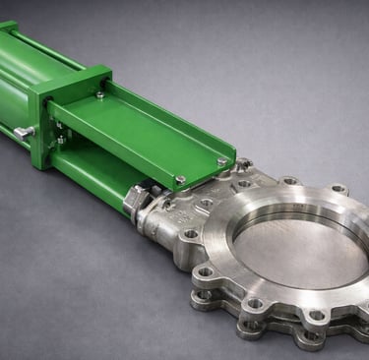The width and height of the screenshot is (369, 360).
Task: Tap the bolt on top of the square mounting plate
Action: [x=99, y=95]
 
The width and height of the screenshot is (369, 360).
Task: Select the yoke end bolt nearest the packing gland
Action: [x=180, y=179]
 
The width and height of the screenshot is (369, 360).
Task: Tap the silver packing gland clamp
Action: [x=139, y=202]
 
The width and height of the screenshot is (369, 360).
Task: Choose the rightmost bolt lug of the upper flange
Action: [x=338, y=189]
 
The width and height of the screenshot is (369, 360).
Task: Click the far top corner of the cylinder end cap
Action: [x=8, y=26]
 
